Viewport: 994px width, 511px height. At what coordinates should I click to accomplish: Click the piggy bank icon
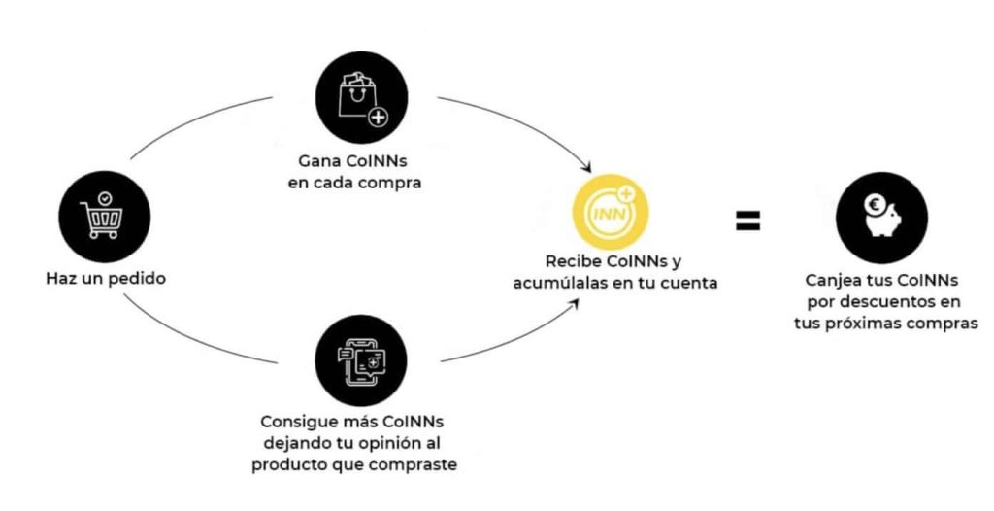pyautogui.click(x=881, y=216)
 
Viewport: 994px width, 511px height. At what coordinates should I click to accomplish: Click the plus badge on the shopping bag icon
pyautogui.click(x=374, y=118)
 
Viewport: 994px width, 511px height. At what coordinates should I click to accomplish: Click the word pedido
pyautogui.click(x=138, y=279)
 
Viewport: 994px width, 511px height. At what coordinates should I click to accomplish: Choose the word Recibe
pyautogui.click(x=574, y=262)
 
